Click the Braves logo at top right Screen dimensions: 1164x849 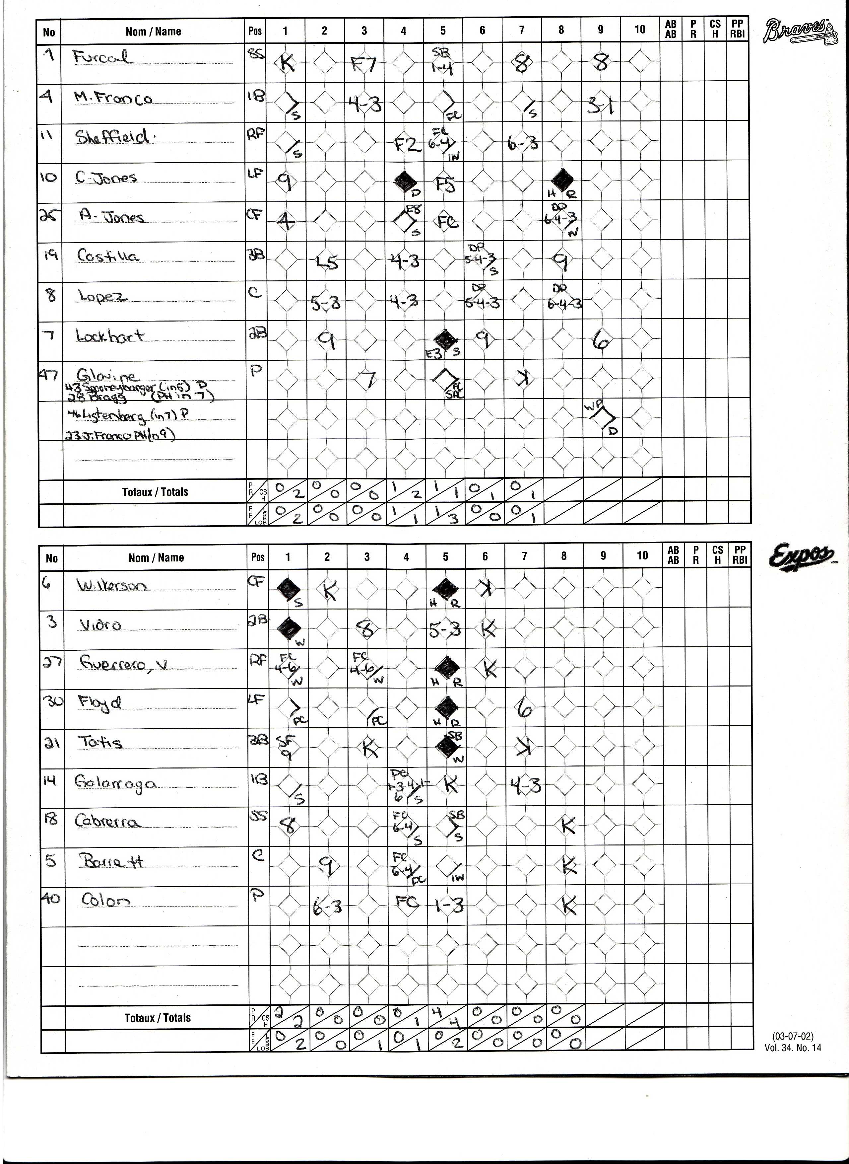click(x=795, y=31)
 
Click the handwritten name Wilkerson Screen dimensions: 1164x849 click(x=111, y=585)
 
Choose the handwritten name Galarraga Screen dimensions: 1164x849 click(x=115, y=783)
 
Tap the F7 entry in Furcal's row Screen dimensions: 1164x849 click(x=364, y=64)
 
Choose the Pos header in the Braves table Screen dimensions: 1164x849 click(x=255, y=31)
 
